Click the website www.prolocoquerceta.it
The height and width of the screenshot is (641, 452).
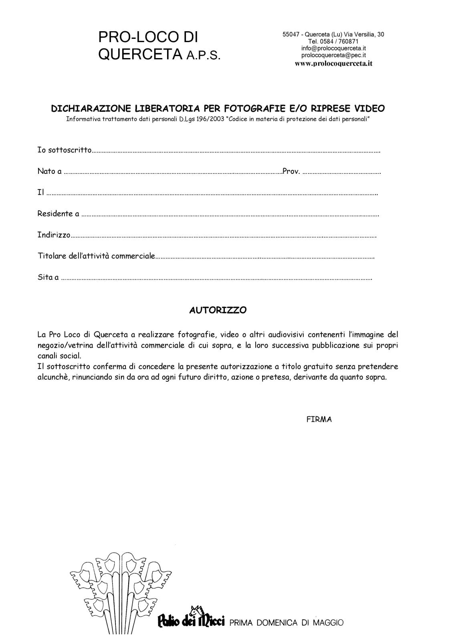(x=333, y=63)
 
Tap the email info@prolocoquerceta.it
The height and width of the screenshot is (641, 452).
(x=333, y=48)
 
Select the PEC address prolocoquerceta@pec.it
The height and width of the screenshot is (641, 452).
(x=333, y=55)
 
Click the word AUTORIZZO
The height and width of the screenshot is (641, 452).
(x=218, y=310)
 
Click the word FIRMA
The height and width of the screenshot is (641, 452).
(x=319, y=419)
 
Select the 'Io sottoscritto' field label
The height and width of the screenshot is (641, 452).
(x=65, y=150)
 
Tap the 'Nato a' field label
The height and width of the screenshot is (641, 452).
(x=49, y=171)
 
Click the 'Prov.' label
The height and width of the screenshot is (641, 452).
(x=291, y=171)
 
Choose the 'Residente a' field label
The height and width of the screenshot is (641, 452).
(x=58, y=214)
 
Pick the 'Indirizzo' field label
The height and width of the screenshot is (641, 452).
(x=54, y=235)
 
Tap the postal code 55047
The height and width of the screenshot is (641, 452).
(x=291, y=34)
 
